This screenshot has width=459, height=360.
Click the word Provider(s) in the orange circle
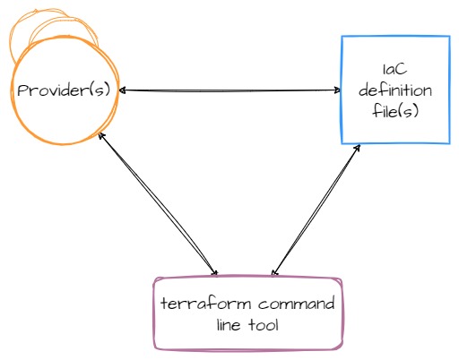[64, 90]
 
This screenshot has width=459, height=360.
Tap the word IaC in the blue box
[394, 69]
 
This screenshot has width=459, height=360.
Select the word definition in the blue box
[395, 90]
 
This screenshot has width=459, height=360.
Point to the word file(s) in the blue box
[395, 111]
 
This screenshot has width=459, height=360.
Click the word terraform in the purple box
[206, 303]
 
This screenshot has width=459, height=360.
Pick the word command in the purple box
[296, 304]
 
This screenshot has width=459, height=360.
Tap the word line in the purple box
[229, 324]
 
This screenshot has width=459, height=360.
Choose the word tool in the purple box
[264, 324]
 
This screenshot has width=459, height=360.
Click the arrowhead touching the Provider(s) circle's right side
[123, 90]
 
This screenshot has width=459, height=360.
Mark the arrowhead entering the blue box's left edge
[337, 90]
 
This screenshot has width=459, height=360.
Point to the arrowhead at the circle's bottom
[102, 136]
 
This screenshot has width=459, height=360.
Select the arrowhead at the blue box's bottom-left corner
[357, 148]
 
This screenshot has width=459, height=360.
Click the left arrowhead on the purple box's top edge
[214, 272]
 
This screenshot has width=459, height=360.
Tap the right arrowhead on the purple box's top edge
[274, 272]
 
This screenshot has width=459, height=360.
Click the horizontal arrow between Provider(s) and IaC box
[230, 90]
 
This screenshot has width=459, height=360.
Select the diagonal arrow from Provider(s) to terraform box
[159, 204]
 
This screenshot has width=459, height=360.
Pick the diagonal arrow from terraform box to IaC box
[316, 210]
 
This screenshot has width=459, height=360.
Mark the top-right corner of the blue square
[449, 37]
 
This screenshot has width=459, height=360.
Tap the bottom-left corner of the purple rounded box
[155, 348]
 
